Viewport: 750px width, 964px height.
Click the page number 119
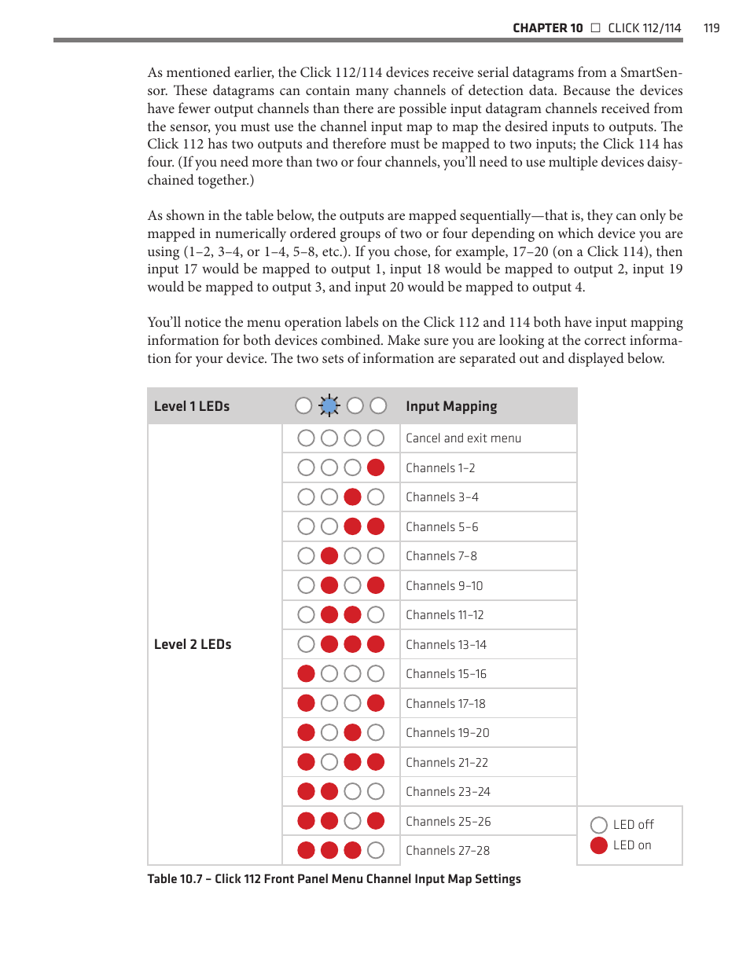point(711,28)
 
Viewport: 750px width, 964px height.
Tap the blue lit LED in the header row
point(329,405)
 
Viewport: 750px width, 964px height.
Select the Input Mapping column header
point(451,406)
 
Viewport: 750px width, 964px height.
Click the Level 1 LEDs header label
point(192,406)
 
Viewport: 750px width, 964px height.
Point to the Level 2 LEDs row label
point(193,644)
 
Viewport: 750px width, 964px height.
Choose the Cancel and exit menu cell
point(463,438)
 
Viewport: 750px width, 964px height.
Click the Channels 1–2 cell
point(440,467)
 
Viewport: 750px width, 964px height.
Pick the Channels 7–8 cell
point(441,555)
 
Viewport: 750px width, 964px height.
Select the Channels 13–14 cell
point(446,644)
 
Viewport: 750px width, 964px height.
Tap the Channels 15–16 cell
point(446,673)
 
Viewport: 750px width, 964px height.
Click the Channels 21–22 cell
point(447,762)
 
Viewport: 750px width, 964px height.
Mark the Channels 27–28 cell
point(447,850)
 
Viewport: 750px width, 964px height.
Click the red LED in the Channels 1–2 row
point(376,467)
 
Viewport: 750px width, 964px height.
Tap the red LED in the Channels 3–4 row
point(352,497)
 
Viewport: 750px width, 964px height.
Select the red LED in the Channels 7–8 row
point(329,555)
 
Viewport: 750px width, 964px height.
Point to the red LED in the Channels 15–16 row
point(306,673)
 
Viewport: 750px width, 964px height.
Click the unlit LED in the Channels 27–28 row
point(376,850)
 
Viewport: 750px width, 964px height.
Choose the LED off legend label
point(633,824)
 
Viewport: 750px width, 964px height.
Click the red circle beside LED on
point(599,845)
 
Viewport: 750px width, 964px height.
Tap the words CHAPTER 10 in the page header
point(547,28)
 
